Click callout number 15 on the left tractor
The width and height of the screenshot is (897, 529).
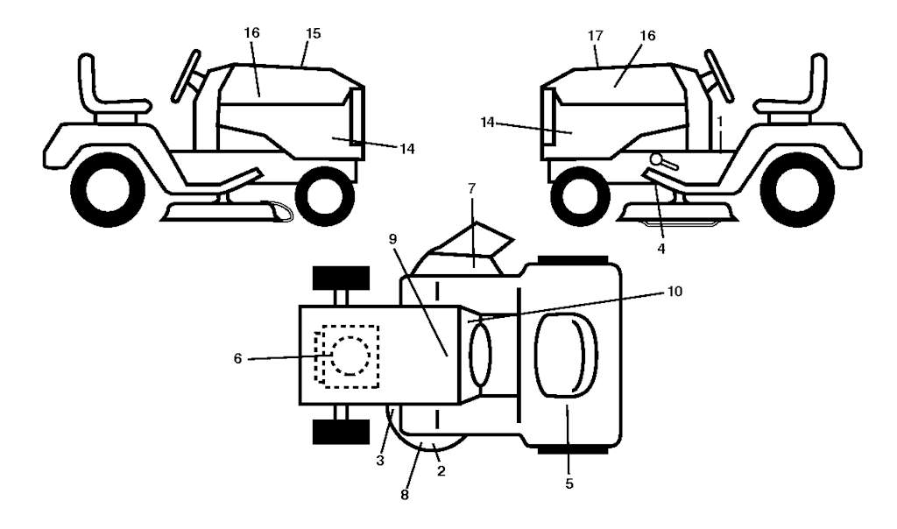pyautogui.click(x=313, y=34)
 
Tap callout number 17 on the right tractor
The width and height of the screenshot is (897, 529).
pyautogui.click(x=596, y=35)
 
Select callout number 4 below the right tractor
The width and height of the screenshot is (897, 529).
pyautogui.click(x=661, y=249)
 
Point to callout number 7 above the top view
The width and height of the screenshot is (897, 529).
pyautogui.click(x=471, y=188)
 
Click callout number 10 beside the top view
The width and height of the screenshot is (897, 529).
pyautogui.click(x=675, y=291)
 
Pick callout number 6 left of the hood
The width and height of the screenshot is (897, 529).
pyautogui.click(x=238, y=358)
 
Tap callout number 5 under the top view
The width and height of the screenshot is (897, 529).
pyautogui.click(x=569, y=483)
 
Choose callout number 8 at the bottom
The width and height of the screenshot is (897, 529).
pyautogui.click(x=405, y=495)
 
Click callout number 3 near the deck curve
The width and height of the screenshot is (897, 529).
pyautogui.click(x=380, y=461)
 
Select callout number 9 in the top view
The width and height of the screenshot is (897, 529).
pyautogui.click(x=392, y=239)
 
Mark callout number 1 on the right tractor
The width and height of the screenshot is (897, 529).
pyautogui.click(x=720, y=122)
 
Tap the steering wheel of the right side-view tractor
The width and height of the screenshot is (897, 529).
pyautogui.click(x=719, y=76)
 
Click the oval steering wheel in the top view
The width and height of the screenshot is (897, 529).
pyautogui.click(x=480, y=355)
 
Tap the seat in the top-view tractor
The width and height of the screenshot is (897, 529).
pyautogui.click(x=566, y=355)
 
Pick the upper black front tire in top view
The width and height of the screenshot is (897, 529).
pyautogui.click(x=341, y=278)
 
